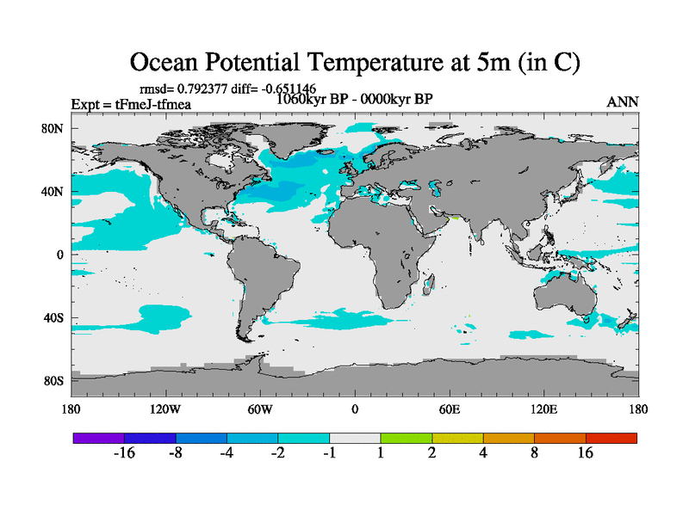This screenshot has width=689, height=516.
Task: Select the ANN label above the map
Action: tap(623, 102)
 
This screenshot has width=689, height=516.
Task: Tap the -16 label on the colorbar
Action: tap(125, 454)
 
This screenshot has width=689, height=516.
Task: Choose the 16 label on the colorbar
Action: tap(586, 454)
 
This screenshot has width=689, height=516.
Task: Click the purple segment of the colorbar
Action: tap(99, 438)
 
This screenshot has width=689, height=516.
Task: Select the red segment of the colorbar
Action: tap(611, 438)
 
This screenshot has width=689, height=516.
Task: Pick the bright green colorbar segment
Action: tap(407, 438)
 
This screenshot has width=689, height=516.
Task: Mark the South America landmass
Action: tap(263, 275)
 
